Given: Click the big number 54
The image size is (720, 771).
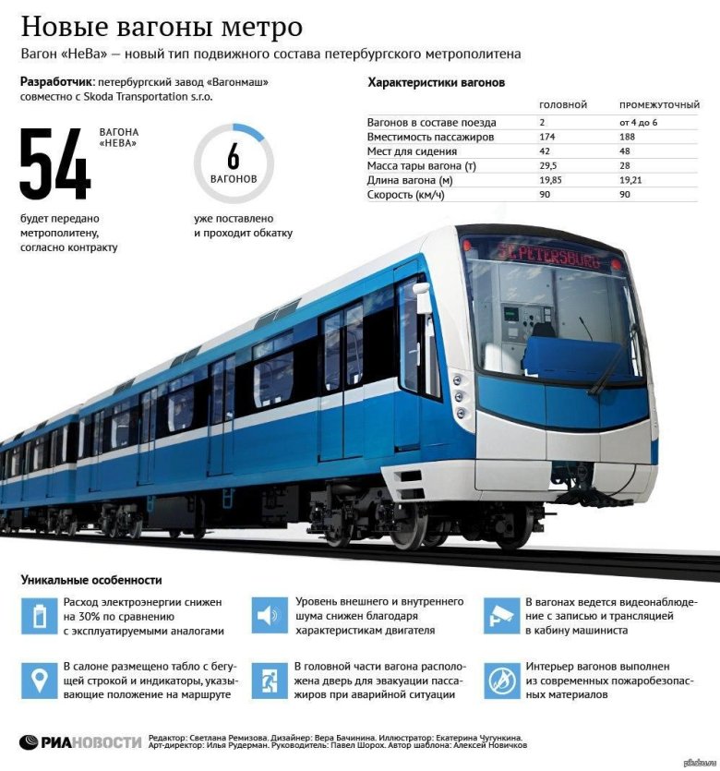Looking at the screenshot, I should click(55, 165).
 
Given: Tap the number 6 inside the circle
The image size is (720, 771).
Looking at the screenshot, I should click(233, 155).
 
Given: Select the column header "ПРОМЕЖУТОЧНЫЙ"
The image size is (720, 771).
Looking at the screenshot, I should click(658, 105).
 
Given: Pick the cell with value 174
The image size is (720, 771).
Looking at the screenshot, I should click(548, 137).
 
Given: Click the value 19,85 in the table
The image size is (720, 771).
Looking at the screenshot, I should click(550, 180).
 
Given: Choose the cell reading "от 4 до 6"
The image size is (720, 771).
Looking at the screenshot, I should click(639, 122).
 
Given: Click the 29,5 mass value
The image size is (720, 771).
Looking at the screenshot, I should click(549, 165).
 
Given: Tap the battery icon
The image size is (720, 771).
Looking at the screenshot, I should click(39, 616).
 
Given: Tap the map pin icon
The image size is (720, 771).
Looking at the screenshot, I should click(39, 681).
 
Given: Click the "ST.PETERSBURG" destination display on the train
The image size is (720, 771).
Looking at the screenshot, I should click(548, 254).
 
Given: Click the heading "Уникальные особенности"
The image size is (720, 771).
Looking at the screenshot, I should click(90, 580).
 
